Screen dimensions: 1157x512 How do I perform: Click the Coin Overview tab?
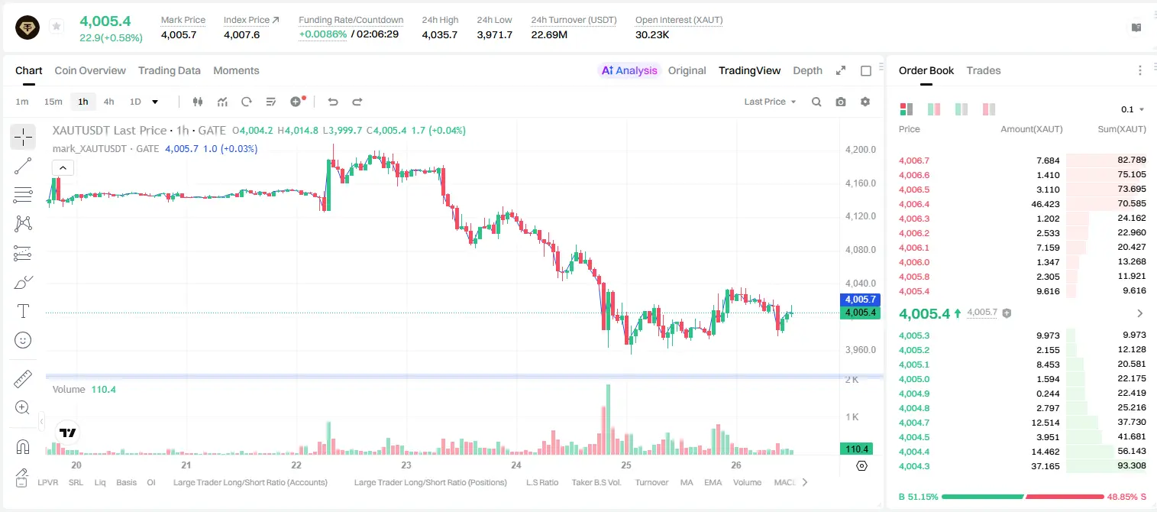click(90, 70)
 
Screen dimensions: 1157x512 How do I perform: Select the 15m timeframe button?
click(53, 102)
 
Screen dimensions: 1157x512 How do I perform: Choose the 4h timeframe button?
click(108, 102)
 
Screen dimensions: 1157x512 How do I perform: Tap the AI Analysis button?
click(629, 70)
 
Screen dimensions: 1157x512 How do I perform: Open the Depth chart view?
click(807, 70)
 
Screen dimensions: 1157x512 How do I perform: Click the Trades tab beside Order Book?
click(984, 70)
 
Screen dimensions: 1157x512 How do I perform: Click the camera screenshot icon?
click(841, 102)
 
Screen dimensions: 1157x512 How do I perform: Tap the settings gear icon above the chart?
click(865, 102)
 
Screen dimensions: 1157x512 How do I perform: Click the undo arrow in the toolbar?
click(333, 102)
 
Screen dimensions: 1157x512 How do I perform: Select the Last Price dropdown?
click(770, 102)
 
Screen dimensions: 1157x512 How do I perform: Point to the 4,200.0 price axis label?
click(861, 150)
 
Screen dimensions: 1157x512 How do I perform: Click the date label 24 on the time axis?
click(516, 465)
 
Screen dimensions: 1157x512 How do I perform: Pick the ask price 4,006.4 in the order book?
click(913, 204)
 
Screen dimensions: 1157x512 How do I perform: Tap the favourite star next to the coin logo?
click(57, 26)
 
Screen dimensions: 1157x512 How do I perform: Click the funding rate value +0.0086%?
click(323, 34)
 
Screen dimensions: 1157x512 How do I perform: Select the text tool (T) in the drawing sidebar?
click(23, 311)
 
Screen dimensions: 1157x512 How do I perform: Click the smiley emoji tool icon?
click(23, 340)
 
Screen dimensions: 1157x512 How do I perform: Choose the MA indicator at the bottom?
click(687, 482)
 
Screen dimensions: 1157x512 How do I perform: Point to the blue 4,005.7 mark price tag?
click(860, 299)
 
